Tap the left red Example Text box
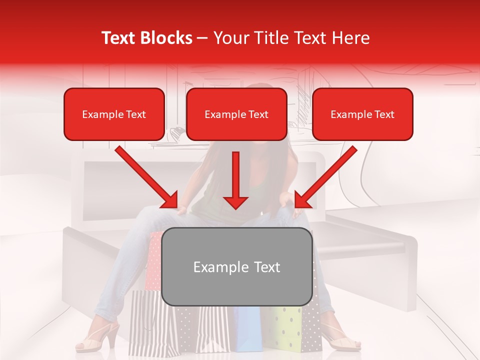(114, 114)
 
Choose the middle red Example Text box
(236, 114)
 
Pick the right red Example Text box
(362, 114)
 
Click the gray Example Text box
(236, 266)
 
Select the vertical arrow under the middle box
(235, 180)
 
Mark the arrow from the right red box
(326, 177)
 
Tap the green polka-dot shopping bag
(287, 327)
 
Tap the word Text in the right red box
(384, 114)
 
